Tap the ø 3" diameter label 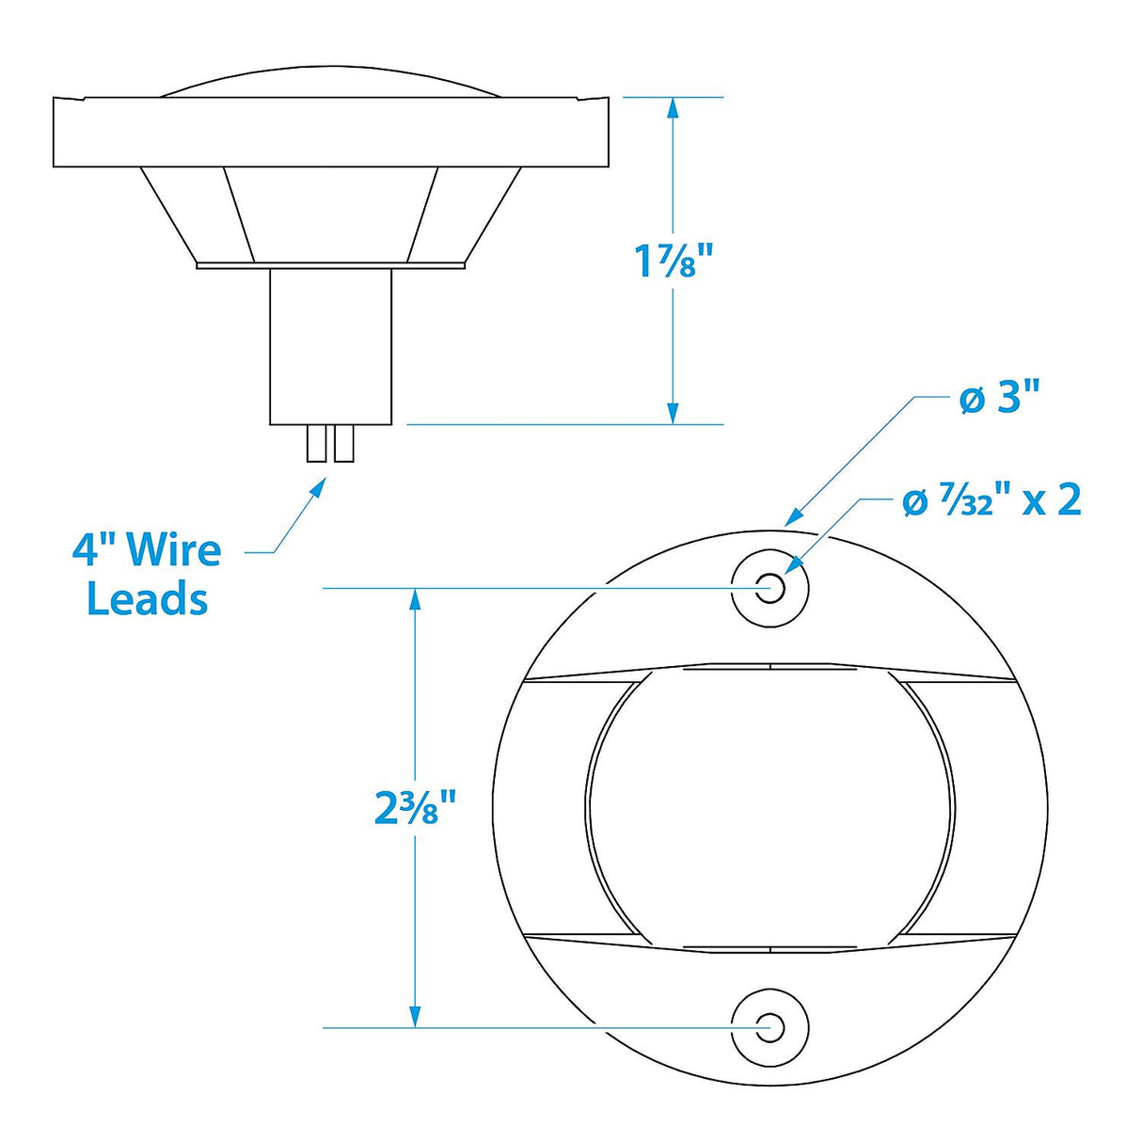(999, 400)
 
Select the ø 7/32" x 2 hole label (991, 500)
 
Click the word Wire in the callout (173, 549)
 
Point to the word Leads (147, 598)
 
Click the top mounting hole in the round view (770, 589)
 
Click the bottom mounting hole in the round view (770, 1026)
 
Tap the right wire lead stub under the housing (344, 443)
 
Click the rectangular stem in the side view (330, 345)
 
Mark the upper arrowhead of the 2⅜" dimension (414, 599)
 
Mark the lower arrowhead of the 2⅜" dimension (414, 1016)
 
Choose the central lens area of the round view (769, 807)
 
